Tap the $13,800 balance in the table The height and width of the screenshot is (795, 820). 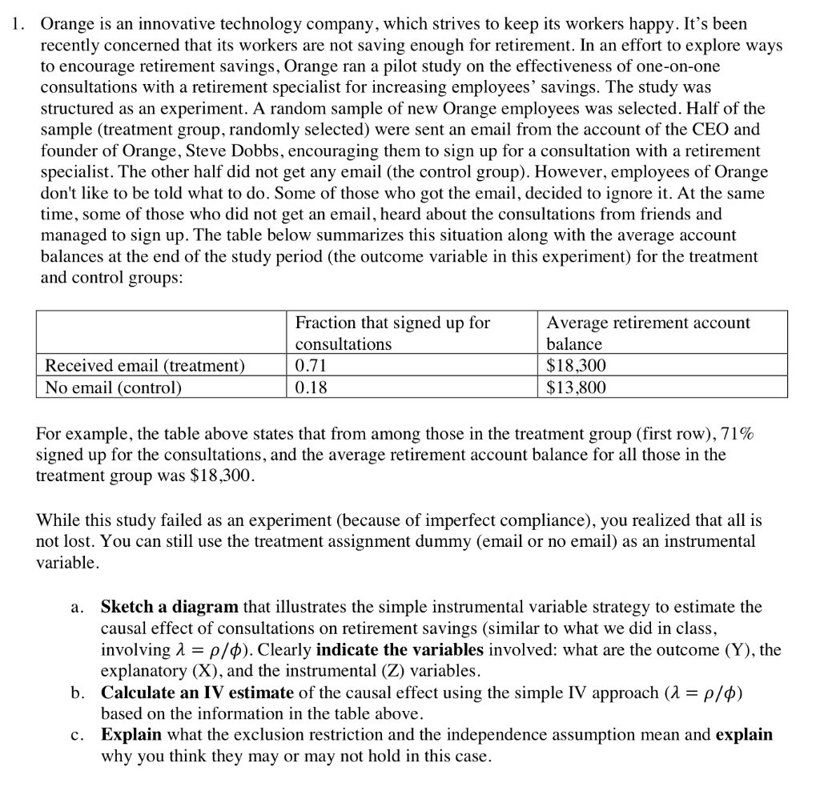(x=576, y=387)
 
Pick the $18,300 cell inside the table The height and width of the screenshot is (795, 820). (x=576, y=366)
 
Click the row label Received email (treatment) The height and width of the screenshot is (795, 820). (x=144, y=366)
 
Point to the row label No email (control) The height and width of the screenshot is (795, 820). (x=113, y=387)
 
